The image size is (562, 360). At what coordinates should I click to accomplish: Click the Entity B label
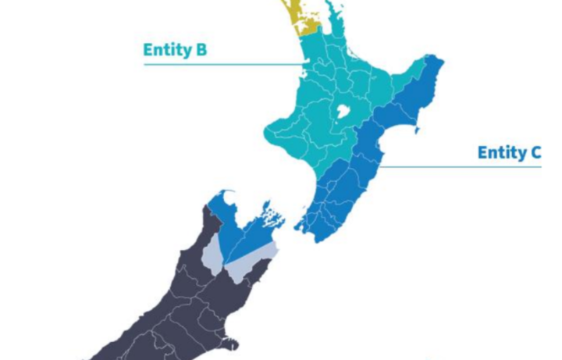tap(174, 51)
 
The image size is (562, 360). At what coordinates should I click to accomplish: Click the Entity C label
tap(509, 152)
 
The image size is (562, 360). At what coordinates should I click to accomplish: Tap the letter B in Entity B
tap(201, 51)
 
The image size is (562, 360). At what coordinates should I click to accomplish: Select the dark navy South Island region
tap(172, 305)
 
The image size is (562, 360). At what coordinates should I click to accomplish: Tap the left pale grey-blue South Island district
tap(212, 254)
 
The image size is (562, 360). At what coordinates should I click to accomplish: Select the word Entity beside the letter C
tap(500, 152)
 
